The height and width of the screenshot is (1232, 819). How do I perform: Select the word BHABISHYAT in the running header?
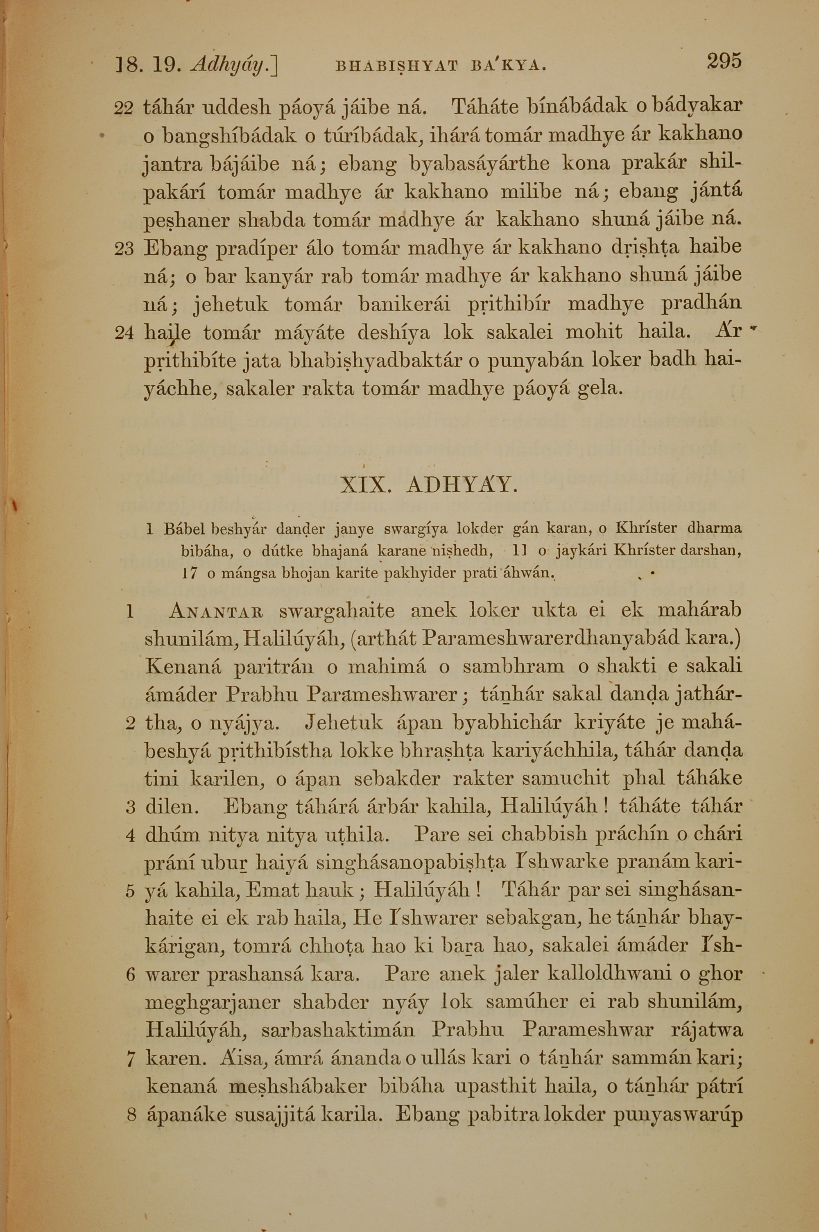coord(394,66)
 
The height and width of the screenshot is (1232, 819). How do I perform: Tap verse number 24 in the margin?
coord(124,333)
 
